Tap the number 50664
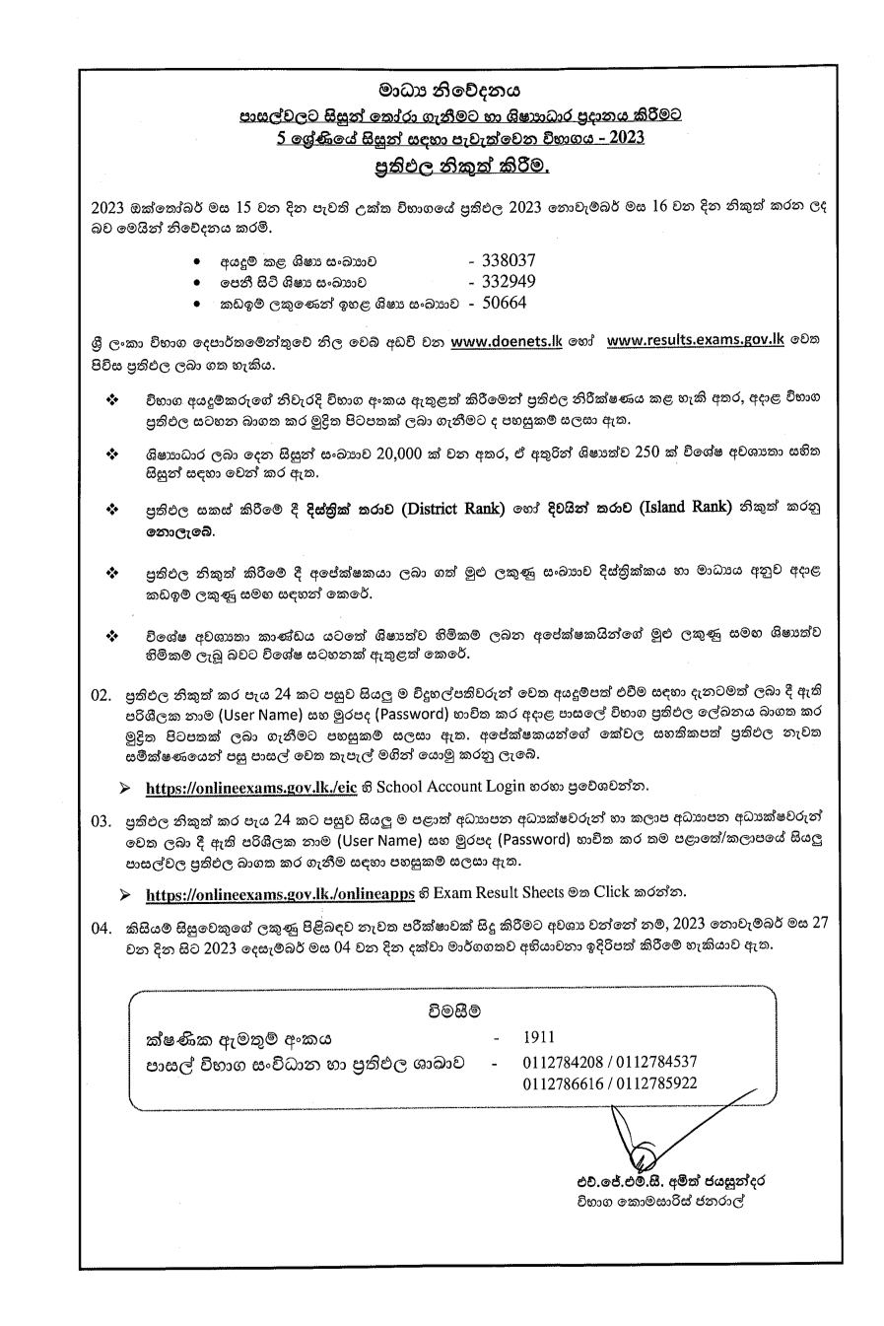pos(503,304)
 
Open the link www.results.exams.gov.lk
pos(695,343)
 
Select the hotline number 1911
pos(539,1037)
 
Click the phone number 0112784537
pos(653,1062)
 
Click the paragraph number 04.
pos(101,929)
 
